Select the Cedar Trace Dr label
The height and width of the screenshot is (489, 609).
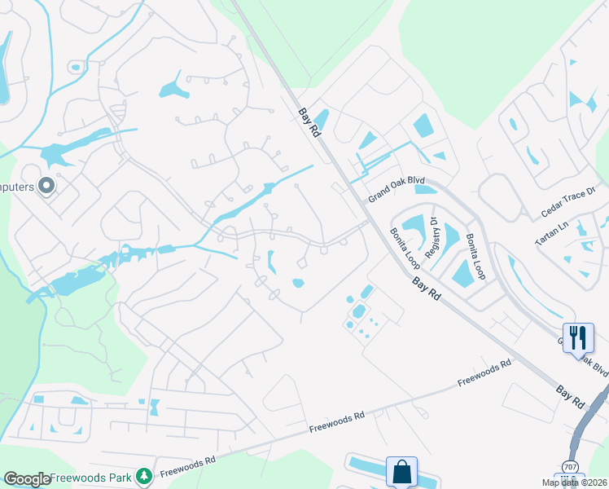coord(569,204)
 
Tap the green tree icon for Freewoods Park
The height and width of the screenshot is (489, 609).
coord(144,474)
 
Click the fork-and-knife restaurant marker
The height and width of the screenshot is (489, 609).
coord(577,337)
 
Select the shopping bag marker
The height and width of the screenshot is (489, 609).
coord(401,471)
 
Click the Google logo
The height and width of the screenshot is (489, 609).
coord(27,479)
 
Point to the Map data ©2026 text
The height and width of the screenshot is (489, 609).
coord(574,482)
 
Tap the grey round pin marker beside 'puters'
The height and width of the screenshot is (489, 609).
coord(46,187)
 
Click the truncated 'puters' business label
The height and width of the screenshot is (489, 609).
coord(17,187)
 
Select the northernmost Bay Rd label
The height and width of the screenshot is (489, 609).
coord(309,123)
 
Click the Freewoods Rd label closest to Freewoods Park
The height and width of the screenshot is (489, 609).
coord(187,465)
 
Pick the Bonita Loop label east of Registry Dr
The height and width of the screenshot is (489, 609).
coord(476,257)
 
